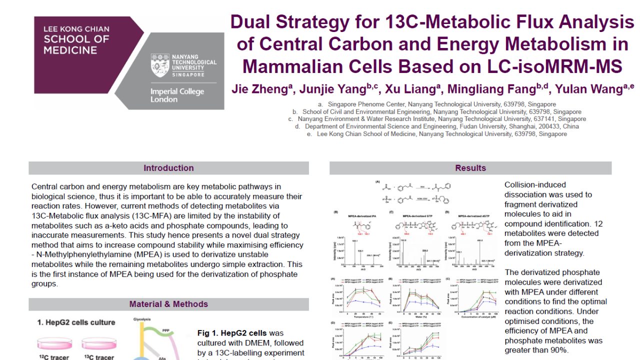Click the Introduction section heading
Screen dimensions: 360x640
(168, 168)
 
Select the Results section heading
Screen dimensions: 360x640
(470, 168)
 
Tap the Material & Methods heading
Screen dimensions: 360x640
(168, 304)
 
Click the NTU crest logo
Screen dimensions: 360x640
(160, 65)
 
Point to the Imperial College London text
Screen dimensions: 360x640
(170, 95)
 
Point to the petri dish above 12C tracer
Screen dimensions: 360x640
(55, 344)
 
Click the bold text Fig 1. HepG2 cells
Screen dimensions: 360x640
(232, 333)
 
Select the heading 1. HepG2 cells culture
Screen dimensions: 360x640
(76, 322)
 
